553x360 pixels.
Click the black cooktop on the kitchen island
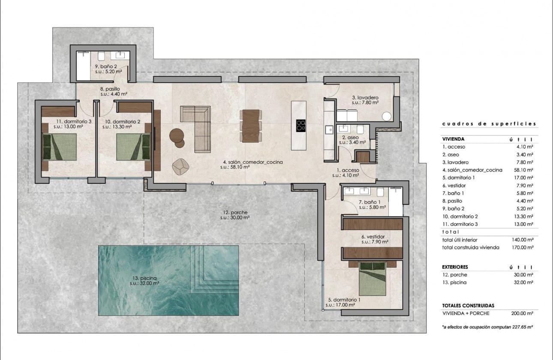coord(301,125)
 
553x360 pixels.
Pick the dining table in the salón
coord(251,126)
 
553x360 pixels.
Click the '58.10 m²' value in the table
coord(524,170)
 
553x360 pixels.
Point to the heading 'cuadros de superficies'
coord(489,124)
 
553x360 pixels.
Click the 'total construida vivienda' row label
coord(471,247)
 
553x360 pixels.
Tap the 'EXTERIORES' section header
coord(456,267)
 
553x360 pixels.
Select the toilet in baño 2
coord(102,56)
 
